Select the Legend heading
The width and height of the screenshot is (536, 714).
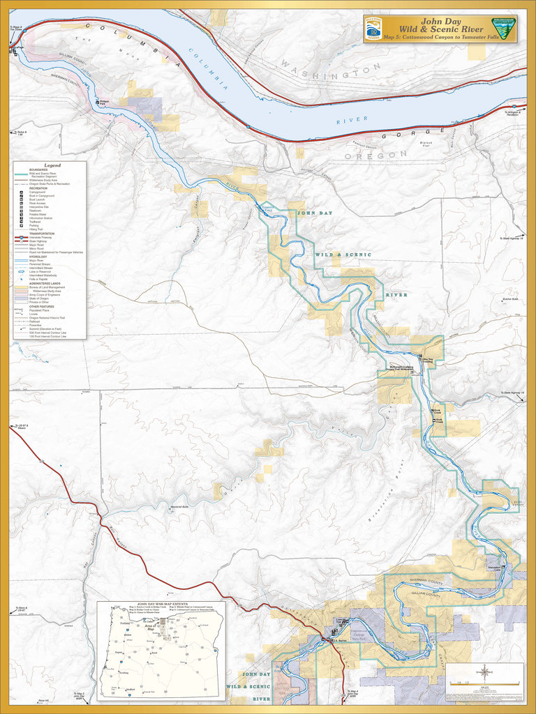point(47,165)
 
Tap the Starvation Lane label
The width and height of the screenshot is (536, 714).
point(497,570)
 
